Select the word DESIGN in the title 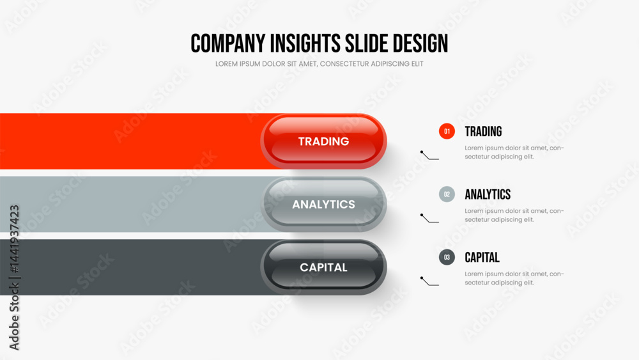tap(420, 43)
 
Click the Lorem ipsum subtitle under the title tap(319, 63)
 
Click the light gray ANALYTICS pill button tap(323, 204)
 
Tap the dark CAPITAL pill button tap(323, 267)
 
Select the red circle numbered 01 tap(447, 131)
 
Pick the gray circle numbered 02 tap(447, 194)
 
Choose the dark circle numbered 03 tap(447, 257)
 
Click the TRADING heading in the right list tap(483, 131)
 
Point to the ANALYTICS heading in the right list tap(488, 194)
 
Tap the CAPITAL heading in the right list tap(482, 257)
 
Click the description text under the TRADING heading tap(514, 152)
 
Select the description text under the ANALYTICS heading tap(514, 215)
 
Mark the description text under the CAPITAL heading tap(514, 278)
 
